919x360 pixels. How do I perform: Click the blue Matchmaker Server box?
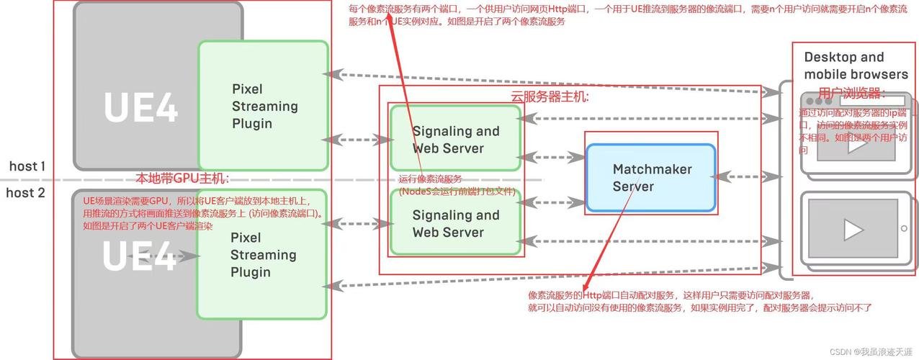[650, 178]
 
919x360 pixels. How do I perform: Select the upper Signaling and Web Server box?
[455, 139]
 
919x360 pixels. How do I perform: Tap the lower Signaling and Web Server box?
[455, 223]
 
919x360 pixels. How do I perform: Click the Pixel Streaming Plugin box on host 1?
[264, 106]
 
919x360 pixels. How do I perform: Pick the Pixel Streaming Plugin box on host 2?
[263, 255]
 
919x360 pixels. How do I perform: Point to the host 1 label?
[27, 166]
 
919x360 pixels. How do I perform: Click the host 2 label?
[26, 193]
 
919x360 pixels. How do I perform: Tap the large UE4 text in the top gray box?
[140, 108]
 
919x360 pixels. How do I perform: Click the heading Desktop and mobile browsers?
[856, 66]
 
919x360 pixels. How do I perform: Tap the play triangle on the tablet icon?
[853, 230]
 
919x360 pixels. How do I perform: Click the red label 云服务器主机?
[544, 96]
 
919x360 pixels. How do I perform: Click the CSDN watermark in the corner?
[869, 351]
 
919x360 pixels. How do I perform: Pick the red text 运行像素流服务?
[430, 179]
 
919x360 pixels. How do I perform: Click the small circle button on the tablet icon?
[904, 229]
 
